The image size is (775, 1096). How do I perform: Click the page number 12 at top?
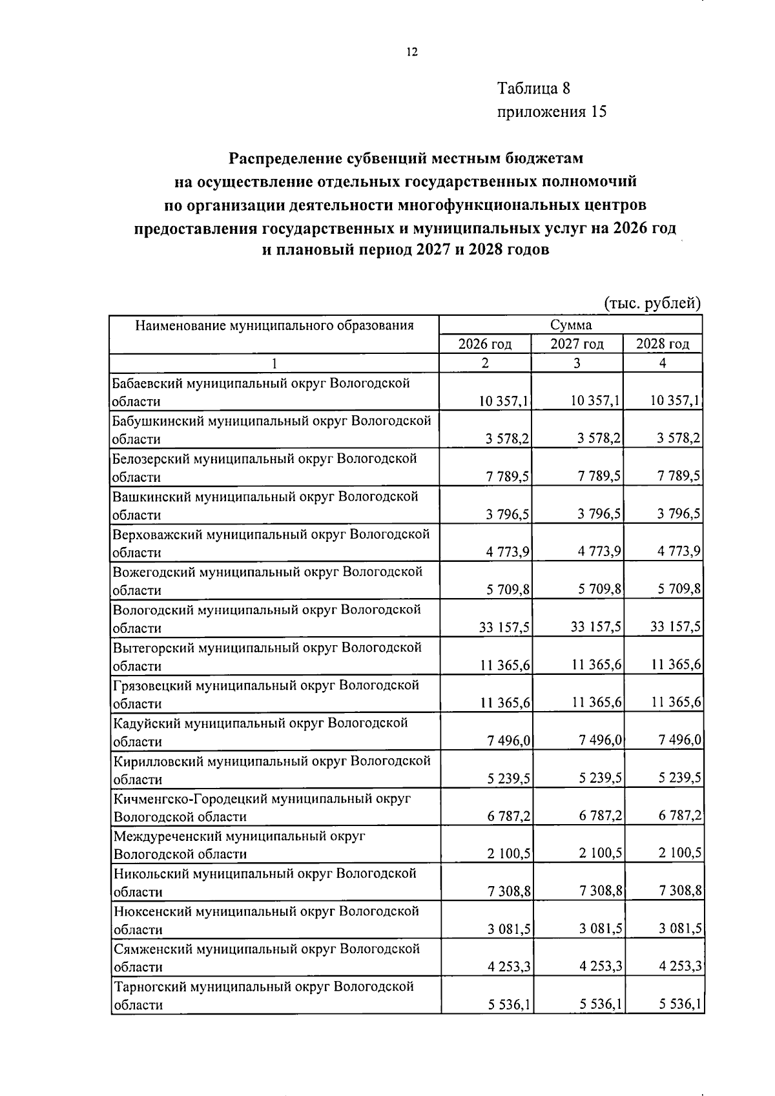412,53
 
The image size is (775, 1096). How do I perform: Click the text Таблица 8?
533,88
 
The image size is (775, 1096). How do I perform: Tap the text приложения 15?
552,112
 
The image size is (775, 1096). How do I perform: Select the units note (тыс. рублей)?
652,303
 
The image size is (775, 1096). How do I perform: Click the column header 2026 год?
484,344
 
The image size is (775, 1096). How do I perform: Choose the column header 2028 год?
663,344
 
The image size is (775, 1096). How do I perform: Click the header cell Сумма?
571,325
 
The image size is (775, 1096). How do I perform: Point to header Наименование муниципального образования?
274,325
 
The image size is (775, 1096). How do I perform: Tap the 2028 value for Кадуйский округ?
680,740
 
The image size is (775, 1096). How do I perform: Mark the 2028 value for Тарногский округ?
680,1005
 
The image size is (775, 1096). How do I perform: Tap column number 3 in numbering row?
576,363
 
